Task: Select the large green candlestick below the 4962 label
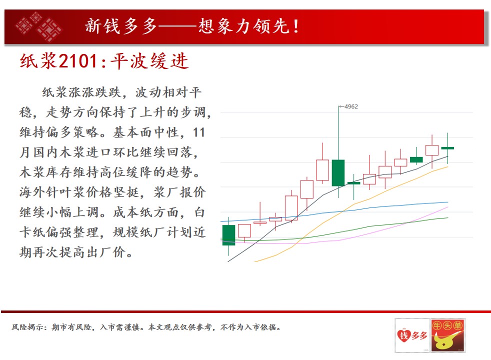tap(338, 173)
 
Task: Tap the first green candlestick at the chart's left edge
tap(228, 235)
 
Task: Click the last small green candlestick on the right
tap(448, 148)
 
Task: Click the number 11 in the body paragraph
tap(199, 132)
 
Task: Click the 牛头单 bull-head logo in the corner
tap(447, 335)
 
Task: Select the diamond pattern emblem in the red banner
tap(38, 26)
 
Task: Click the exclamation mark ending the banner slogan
tap(296, 26)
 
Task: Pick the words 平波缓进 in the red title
tap(149, 60)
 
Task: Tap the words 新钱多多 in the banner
tap(121, 26)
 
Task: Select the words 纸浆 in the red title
tap(38, 60)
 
